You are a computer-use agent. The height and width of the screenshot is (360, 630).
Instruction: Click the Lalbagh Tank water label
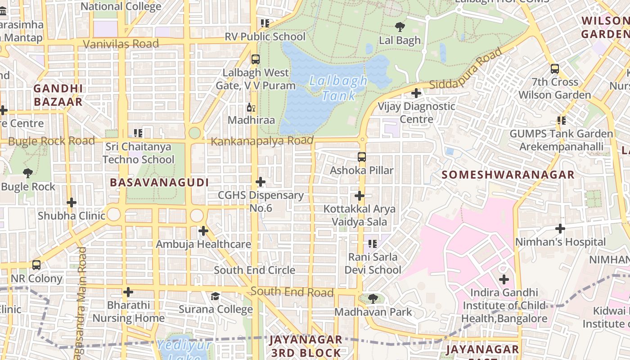point(338,88)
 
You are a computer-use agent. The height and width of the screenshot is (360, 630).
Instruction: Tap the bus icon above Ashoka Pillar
point(362,157)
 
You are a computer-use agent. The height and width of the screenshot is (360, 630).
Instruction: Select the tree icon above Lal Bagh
point(400,27)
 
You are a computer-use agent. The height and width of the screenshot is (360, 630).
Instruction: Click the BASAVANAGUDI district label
point(159,182)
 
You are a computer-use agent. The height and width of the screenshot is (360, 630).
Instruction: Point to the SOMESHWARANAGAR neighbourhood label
point(508,175)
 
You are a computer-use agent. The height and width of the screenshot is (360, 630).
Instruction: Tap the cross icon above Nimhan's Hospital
point(560,229)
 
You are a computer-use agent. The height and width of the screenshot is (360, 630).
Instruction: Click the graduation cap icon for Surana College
point(216,296)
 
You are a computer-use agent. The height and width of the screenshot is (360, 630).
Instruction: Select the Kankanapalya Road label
point(262,141)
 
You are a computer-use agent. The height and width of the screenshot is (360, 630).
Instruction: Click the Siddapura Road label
point(466,69)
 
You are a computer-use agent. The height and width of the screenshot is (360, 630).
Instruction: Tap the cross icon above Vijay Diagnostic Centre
point(416,93)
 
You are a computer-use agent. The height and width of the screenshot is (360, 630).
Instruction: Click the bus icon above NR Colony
point(36,265)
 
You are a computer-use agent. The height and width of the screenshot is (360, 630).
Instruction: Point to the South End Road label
point(292,292)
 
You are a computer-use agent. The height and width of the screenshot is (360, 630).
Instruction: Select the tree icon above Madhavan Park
point(373,298)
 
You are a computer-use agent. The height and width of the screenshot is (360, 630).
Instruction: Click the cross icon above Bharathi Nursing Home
point(128,292)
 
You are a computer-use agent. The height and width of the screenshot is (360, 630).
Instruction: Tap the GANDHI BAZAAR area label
point(58,95)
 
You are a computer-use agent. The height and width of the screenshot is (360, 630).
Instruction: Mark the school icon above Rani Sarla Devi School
point(372,244)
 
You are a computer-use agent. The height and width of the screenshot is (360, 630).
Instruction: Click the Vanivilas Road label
point(121,44)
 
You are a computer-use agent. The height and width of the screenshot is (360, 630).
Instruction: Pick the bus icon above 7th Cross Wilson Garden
point(555,69)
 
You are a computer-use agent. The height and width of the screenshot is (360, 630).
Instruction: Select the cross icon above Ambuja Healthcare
point(203,231)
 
